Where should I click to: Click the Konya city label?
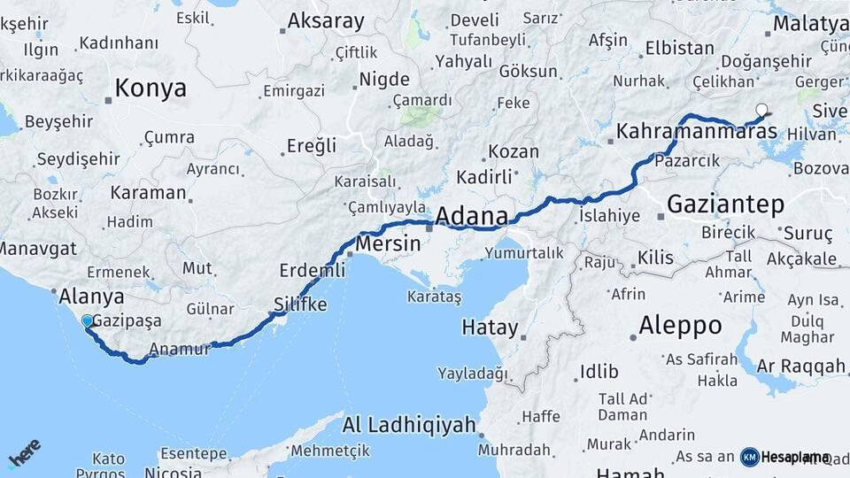tap(151, 89)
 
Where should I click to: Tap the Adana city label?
tap(471, 216)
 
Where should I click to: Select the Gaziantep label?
tap(725, 204)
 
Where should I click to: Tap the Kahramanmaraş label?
tap(697, 132)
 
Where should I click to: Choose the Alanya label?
tap(91, 297)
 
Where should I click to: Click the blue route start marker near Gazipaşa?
tap(87, 321)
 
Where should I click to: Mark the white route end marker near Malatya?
tap(761, 112)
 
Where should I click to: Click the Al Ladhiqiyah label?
tap(409, 426)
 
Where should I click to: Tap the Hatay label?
tap(490, 328)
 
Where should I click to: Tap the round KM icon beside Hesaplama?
tap(750, 457)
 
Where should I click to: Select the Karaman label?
tap(149, 192)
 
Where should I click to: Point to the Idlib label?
tap(599, 371)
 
